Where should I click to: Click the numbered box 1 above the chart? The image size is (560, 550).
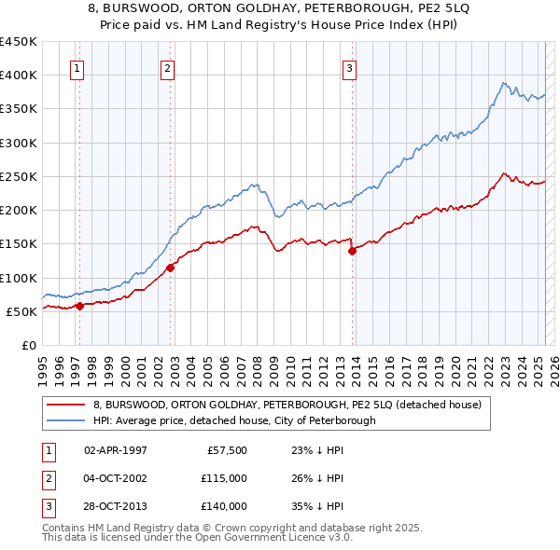(x=76, y=67)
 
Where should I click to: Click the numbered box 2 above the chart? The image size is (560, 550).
(x=166, y=67)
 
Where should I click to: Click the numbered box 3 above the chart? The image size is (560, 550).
(x=349, y=67)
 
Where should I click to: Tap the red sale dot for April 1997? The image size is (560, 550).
(x=79, y=306)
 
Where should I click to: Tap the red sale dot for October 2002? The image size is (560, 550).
(x=171, y=268)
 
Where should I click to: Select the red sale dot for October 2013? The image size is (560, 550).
(x=353, y=250)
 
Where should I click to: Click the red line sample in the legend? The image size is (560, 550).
(x=65, y=406)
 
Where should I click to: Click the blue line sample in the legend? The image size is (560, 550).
(x=65, y=420)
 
